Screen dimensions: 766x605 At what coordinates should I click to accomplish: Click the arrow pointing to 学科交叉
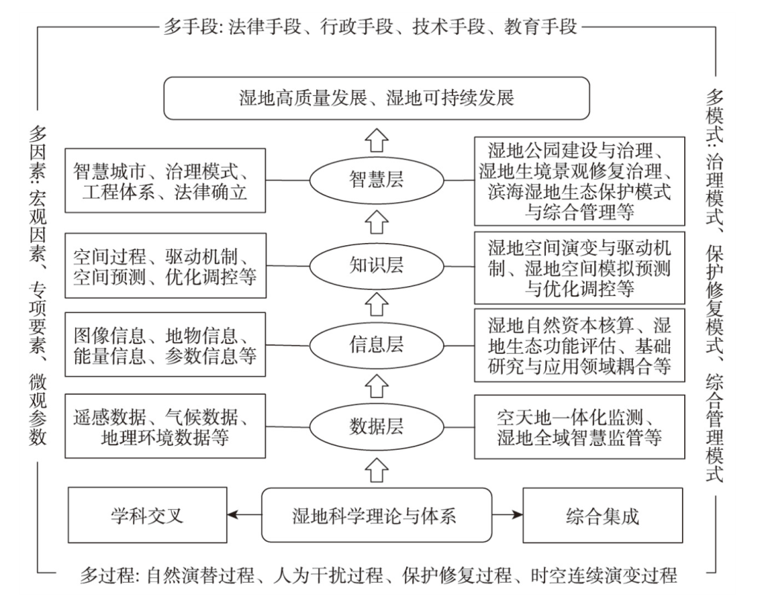244,514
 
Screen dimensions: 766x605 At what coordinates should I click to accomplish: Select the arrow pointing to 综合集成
508,514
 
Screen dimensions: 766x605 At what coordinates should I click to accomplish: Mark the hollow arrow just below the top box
376,140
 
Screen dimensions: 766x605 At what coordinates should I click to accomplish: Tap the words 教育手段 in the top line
541,26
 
